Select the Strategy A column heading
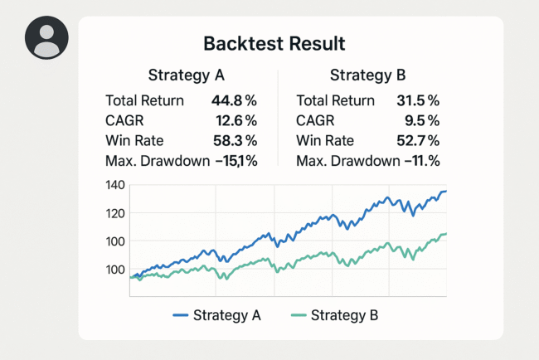(x=187, y=75)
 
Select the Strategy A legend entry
(x=216, y=315)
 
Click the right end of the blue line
(x=446, y=192)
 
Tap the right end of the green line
(x=446, y=234)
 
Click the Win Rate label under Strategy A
(x=136, y=141)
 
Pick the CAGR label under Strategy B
(x=316, y=121)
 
